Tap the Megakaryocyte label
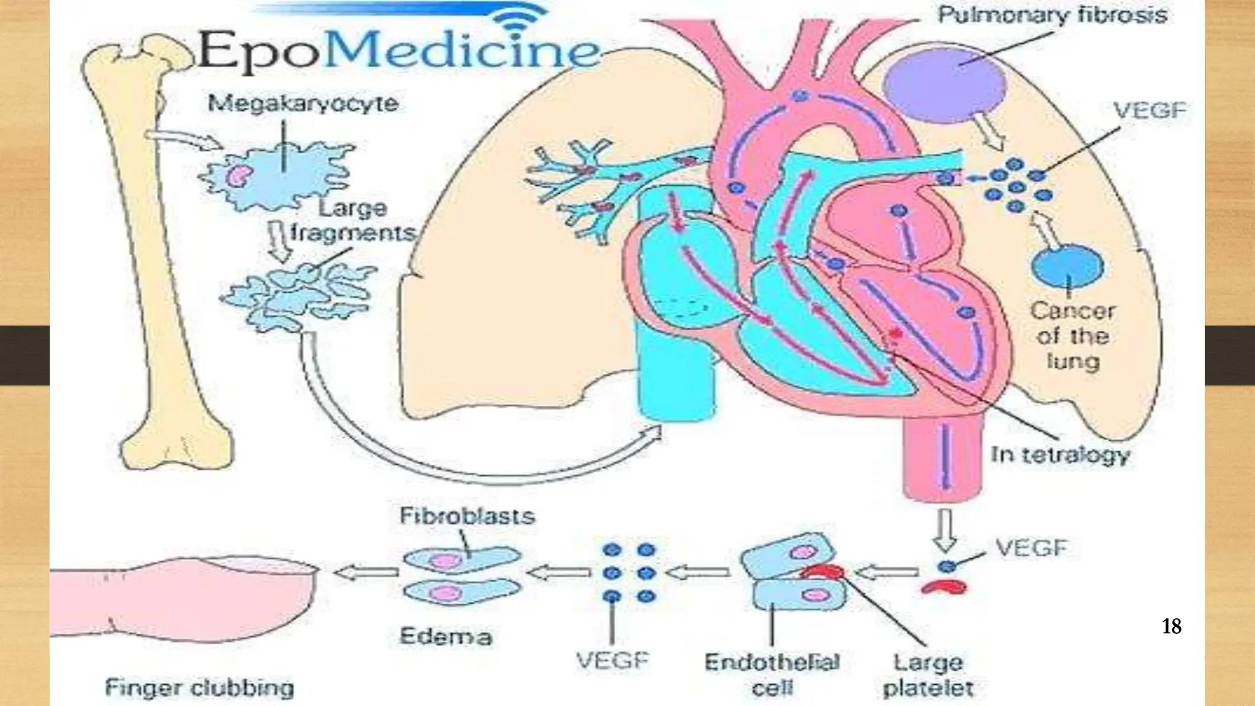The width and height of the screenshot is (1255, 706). (303, 103)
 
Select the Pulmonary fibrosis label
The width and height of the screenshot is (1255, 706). (1052, 15)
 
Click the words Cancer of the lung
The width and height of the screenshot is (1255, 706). (1073, 336)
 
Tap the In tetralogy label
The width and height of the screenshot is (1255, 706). (1061, 455)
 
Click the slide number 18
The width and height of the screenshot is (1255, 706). (1171, 626)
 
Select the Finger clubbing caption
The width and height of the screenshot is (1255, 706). (200, 688)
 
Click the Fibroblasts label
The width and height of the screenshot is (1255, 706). (467, 515)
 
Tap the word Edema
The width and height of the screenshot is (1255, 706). (446, 636)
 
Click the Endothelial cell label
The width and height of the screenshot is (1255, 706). (772, 675)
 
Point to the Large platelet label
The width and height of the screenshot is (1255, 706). (928, 675)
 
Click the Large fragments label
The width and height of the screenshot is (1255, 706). (352, 221)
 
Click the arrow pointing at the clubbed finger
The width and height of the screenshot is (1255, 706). (366, 572)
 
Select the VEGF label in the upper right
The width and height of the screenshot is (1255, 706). (1150, 110)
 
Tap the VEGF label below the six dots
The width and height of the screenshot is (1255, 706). (612, 661)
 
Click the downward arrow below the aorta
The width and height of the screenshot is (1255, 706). (944, 529)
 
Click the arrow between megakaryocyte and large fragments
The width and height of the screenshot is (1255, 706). (279, 241)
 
